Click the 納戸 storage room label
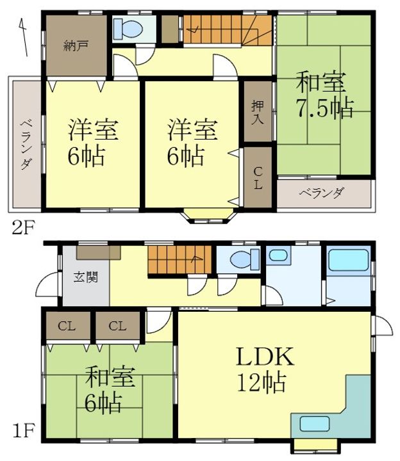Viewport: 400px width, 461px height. tap(76, 46)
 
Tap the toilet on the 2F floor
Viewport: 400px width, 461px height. tap(128, 29)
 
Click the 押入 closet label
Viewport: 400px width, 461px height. tap(258, 113)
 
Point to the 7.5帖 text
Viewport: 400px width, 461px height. tap(324, 108)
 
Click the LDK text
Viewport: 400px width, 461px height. tap(265, 357)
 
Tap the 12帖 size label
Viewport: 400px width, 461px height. tap(262, 382)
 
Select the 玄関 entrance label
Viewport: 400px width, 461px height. tap(86, 277)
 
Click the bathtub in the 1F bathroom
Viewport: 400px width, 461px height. tap(349, 260)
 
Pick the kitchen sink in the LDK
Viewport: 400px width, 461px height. tap(314, 424)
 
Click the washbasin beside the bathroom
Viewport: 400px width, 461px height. tap(278, 255)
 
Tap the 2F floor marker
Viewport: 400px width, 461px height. tap(24, 227)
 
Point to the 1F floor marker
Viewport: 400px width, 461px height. tap(24, 430)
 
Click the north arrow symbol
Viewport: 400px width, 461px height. tap(24, 37)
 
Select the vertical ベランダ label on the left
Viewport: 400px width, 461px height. tap(26, 144)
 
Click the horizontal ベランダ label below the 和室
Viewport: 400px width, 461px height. tap(321, 193)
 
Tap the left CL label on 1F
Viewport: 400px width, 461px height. tap(67, 326)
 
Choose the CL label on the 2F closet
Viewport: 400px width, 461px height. tap(258, 178)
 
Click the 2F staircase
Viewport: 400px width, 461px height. tap(228, 30)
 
